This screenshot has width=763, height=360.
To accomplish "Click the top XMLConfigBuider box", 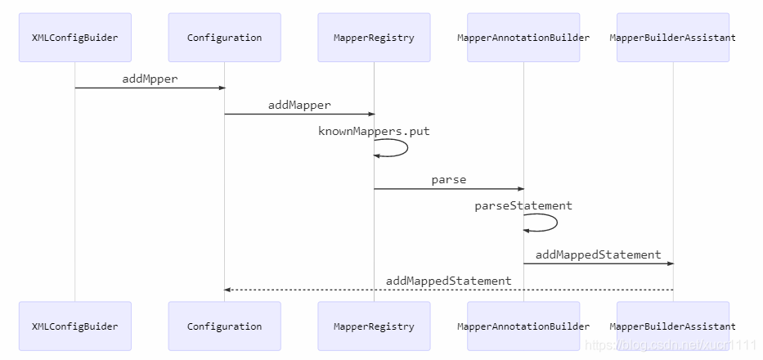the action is [x=75, y=38].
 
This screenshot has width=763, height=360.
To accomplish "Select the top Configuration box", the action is [x=224, y=38].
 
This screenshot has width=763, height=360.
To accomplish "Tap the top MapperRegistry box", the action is [x=374, y=38].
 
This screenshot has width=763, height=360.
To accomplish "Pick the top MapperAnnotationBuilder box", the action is [x=523, y=38].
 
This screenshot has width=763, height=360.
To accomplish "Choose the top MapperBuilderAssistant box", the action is [x=673, y=38].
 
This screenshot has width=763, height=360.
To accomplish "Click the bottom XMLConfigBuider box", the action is [x=75, y=326].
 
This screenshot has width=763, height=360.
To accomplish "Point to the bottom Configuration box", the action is [x=224, y=326].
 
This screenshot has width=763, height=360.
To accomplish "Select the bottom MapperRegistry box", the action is [x=374, y=326].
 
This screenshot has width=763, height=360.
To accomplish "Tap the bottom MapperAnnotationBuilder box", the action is [x=523, y=326].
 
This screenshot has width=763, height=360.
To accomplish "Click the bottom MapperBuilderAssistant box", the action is [x=673, y=326].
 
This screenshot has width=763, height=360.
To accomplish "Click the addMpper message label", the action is [x=150, y=79].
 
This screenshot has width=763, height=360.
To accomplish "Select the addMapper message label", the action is [x=299, y=105].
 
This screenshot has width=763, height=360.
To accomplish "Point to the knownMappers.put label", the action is [x=374, y=131].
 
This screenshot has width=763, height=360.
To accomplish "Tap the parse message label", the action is [x=449, y=180].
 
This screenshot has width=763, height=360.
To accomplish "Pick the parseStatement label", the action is [x=523, y=205].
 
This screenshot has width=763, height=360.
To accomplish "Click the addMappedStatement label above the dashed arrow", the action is [x=449, y=281].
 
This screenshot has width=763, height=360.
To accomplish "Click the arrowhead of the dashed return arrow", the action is [x=227, y=290].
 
